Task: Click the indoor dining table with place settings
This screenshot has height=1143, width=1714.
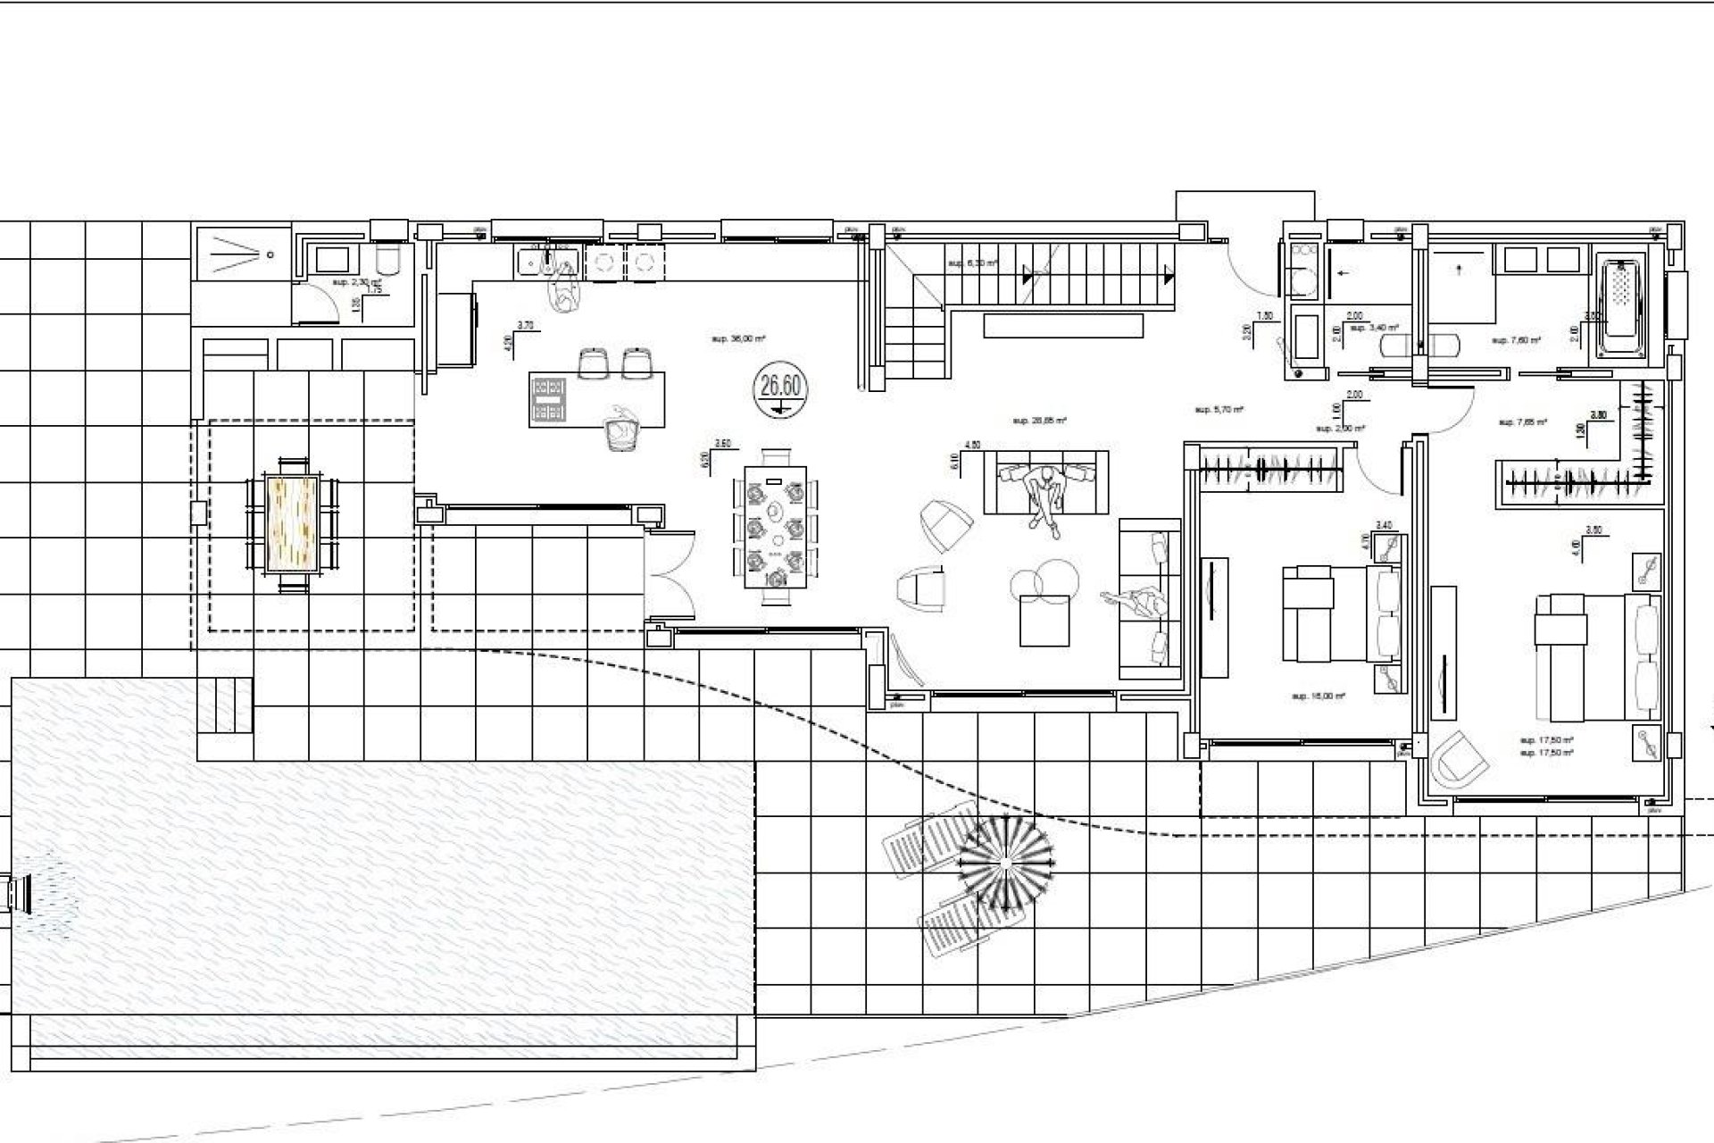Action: point(774,530)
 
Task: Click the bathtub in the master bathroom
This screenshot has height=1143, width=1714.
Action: point(1630,307)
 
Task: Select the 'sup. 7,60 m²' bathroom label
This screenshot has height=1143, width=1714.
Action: point(1515,340)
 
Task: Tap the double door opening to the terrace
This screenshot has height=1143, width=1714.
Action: point(670,575)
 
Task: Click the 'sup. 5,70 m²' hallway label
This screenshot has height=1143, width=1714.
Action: point(1219,410)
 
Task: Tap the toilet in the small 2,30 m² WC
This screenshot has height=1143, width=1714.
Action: point(388,260)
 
